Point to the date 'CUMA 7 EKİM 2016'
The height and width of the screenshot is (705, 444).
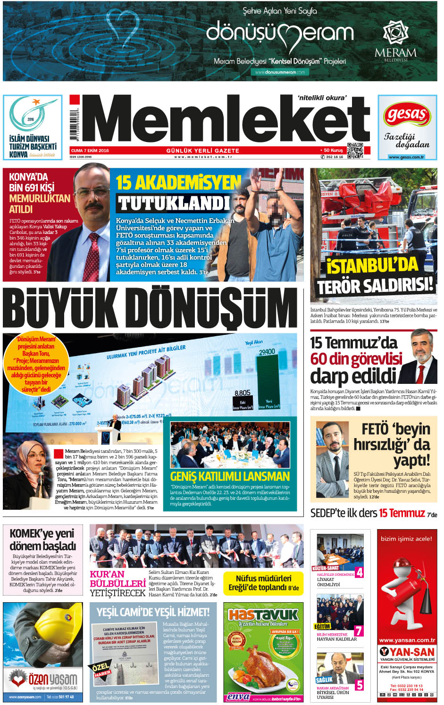point(90,150)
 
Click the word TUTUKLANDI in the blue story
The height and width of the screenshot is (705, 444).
point(174,203)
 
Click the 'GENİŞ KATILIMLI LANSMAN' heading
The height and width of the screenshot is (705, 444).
point(230,476)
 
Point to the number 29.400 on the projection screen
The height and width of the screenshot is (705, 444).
point(267,352)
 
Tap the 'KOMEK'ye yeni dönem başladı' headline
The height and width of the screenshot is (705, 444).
point(43,539)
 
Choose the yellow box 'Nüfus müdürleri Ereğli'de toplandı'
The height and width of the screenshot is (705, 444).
point(263,583)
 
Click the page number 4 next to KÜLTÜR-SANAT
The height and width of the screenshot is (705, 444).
point(359,572)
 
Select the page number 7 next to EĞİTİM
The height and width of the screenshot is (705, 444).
point(359,630)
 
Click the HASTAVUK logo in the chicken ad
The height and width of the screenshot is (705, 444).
point(263,614)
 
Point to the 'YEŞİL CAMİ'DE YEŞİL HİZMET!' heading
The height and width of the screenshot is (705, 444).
point(153,612)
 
